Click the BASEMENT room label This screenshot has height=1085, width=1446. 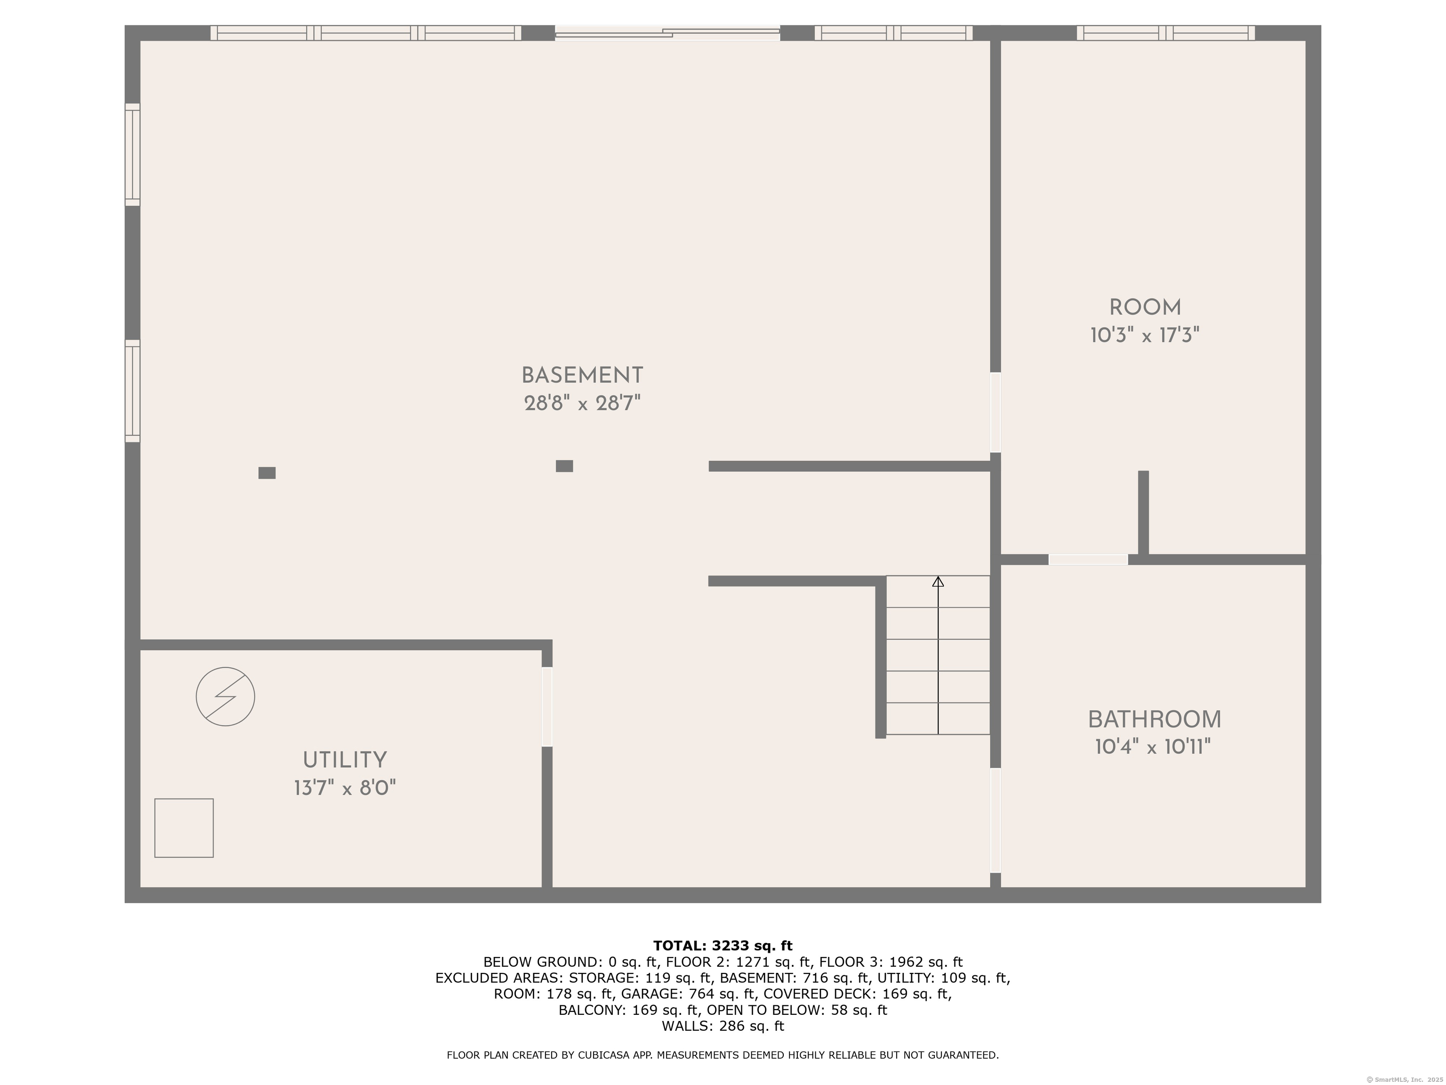582,375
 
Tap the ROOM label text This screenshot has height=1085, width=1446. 1145,308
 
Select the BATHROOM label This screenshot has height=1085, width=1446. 1154,720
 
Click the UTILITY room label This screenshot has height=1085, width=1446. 345,760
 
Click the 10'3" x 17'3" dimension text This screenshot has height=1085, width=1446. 1145,335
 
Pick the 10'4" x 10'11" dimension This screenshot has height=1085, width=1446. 1153,747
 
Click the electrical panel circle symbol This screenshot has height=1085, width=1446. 225,696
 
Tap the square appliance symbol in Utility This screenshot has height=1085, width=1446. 184,828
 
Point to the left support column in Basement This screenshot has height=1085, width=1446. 267,473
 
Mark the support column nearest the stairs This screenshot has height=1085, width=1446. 564,466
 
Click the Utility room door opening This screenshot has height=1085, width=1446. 547,706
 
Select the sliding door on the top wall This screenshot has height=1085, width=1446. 667,32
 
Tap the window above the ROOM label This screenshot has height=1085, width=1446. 1165,32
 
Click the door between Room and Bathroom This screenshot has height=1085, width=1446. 1088,560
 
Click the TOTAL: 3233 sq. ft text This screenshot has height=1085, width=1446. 723,946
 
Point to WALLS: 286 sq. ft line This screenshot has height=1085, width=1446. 723,1026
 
